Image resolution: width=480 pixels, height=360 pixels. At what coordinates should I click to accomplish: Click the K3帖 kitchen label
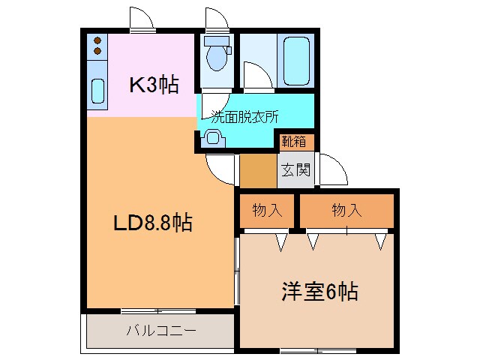tap(154, 85)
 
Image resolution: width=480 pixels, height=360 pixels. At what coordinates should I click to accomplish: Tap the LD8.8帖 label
tap(153, 223)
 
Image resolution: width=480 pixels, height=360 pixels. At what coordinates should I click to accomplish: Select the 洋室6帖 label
tap(319, 291)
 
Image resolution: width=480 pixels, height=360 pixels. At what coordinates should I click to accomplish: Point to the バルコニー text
tap(160, 330)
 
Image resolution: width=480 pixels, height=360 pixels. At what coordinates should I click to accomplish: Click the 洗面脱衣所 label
tap(244, 117)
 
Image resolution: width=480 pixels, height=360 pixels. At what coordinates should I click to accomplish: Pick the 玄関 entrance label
tap(296, 170)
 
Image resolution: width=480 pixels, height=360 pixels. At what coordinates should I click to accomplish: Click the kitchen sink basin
tap(97, 90)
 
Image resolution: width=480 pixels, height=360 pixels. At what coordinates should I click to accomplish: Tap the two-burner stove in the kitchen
tap(97, 47)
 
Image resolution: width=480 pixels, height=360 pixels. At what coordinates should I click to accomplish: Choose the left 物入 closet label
tap(267, 211)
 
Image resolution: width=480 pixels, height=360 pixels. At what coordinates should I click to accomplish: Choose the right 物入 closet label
tap(346, 211)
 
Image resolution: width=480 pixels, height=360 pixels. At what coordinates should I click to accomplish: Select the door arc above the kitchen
tap(141, 19)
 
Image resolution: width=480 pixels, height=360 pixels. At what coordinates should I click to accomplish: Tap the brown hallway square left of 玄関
tap(257, 171)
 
